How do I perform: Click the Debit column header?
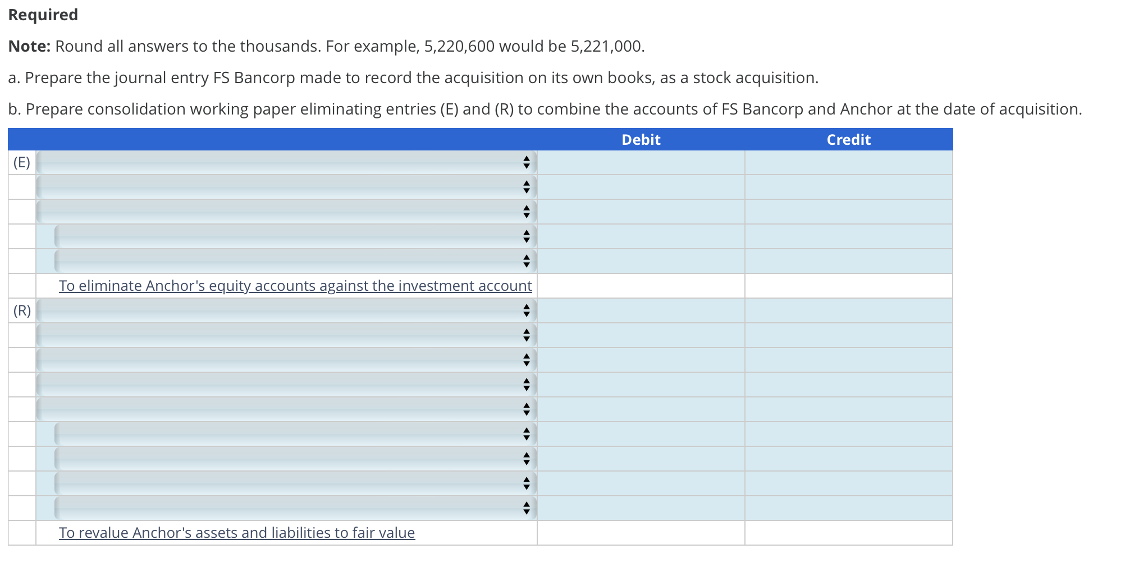[641, 140]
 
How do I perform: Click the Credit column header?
[848, 140]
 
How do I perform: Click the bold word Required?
[43, 15]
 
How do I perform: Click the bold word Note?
[29, 46]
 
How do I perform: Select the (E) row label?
[22, 162]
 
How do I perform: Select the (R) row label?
[22, 310]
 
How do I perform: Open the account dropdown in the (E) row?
[286, 162]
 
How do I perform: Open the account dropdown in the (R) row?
[286, 310]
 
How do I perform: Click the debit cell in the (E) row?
[641, 162]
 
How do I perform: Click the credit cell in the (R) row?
[848, 310]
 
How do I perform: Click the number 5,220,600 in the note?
[459, 46]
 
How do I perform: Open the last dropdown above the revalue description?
[295, 508]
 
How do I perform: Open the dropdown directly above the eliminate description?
[295, 261]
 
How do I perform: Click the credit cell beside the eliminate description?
[848, 286]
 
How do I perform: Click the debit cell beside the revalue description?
[641, 533]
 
